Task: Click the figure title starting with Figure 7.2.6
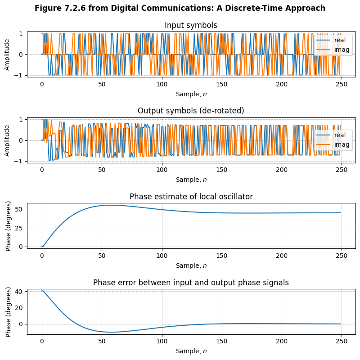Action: (x=180, y=8)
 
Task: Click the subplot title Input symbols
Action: (x=191, y=25)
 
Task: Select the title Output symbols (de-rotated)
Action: (x=191, y=111)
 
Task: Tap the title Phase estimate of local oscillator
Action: (x=191, y=197)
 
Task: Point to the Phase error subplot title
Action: (x=191, y=283)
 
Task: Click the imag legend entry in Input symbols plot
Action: (x=333, y=49)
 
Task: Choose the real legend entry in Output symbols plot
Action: (x=333, y=135)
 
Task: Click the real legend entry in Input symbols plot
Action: (x=333, y=40)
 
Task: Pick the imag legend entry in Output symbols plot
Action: (x=333, y=144)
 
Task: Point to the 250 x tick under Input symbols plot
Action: (x=341, y=84)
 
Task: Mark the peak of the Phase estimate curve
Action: (x=110, y=205)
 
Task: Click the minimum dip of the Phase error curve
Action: (x=109, y=332)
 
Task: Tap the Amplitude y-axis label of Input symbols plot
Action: (x=7, y=54)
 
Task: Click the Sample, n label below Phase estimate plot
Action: (x=191, y=265)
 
